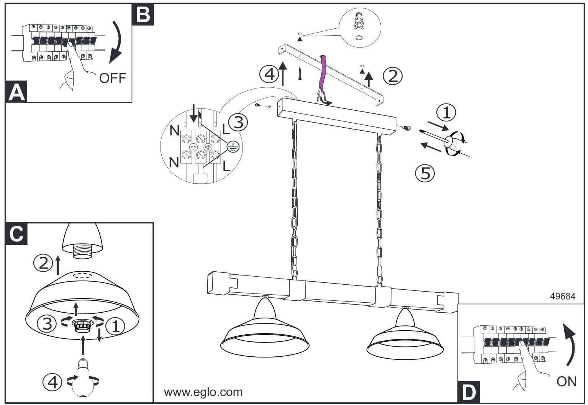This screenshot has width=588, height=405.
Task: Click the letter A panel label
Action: tap(16, 92)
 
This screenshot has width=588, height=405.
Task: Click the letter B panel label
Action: tap(143, 15)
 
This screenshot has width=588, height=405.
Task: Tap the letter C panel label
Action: tap(16, 233)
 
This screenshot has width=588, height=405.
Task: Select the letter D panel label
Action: tap(468, 392)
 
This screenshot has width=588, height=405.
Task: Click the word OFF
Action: tap(112, 78)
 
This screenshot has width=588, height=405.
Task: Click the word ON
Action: tap(566, 381)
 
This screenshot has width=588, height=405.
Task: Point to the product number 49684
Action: tap(562, 296)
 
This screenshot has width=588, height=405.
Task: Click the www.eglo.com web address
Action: tap(203, 392)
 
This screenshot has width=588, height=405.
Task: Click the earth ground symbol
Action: tap(233, 146)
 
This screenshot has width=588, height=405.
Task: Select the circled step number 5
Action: tap(425, 173)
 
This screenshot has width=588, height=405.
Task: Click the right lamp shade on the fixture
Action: tap(405, 339)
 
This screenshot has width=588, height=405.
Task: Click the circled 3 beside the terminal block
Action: tap(238, 122)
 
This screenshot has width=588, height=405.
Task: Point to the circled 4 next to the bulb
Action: tap(52, 381)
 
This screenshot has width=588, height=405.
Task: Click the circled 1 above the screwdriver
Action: tap(446, 113)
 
